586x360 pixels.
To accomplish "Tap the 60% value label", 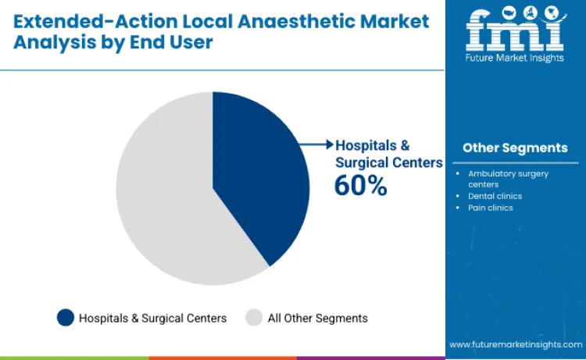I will (360, 185).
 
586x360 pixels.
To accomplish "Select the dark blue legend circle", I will (66, 318).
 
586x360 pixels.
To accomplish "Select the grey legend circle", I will (254, 318).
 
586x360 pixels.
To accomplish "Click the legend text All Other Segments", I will (317, 318).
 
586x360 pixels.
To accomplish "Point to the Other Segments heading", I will (515, 148).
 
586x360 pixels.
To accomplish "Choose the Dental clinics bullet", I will (495, 196).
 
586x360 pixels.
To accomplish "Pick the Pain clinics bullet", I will (490, 208).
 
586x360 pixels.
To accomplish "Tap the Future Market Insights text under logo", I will (514, 58).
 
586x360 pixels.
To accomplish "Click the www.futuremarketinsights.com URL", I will (515, 344).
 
